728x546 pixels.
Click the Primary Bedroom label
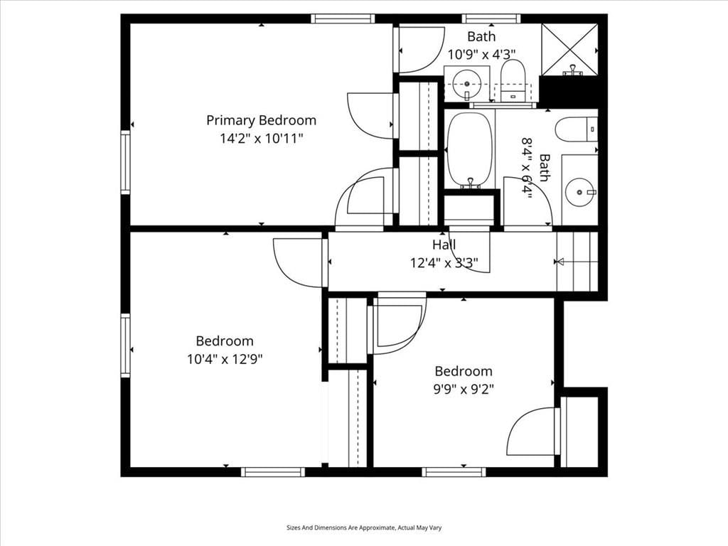(x=261, y=121)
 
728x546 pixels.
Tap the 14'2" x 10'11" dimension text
(x=262, y=139)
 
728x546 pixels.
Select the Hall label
(x=444, y=245)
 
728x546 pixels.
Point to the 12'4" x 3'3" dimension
(x=444, y=263)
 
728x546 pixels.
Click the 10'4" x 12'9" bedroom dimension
(x=225, y=359)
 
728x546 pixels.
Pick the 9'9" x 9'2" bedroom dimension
(x=464, y=389)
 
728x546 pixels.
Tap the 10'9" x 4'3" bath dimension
(x=481, y=55)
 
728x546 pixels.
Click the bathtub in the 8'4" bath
(x=469, y=150)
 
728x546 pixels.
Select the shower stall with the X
(x=569, y=49)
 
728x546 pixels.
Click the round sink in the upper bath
(x=466, y=84)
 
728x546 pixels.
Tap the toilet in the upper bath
(x=513, y=81)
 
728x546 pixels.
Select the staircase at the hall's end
(x=577, y=262)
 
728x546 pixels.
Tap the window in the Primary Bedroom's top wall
(x=343, y=18)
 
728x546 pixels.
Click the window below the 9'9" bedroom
(x=454, y=472)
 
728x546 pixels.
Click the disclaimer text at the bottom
(x=364, y=528)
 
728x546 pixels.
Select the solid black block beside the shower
(x=568, y=92)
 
